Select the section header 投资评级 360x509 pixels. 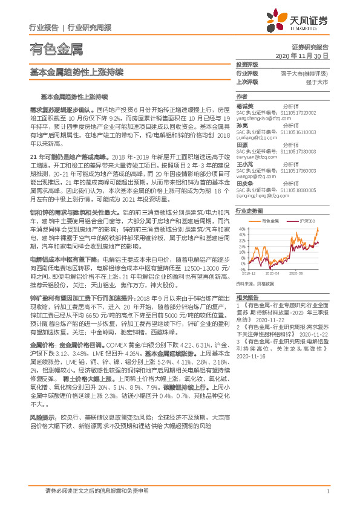point(246,64)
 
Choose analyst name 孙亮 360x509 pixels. point(241,126)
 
